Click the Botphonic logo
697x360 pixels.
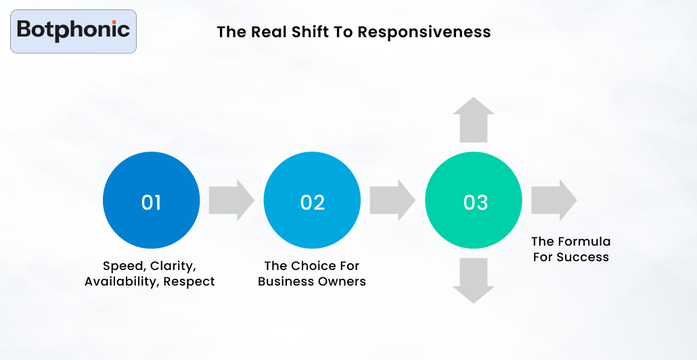click(x=73, y=31)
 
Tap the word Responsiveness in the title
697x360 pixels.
click(x=424, y=32)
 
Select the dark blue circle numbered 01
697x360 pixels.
click(x=151, y=201)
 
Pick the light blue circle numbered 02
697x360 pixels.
click(x=312, y=201)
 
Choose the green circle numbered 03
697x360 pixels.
click(x=474, y=201)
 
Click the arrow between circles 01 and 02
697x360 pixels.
click(x=231, y=200)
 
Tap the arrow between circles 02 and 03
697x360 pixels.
click(x=392, y=200)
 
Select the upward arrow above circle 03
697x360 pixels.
click(x=474, y=120)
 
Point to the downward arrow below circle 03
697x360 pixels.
click(x=474, y=280)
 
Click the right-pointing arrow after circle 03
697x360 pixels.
click(x=554, y=200)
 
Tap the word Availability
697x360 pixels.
click(x=122, y=282)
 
